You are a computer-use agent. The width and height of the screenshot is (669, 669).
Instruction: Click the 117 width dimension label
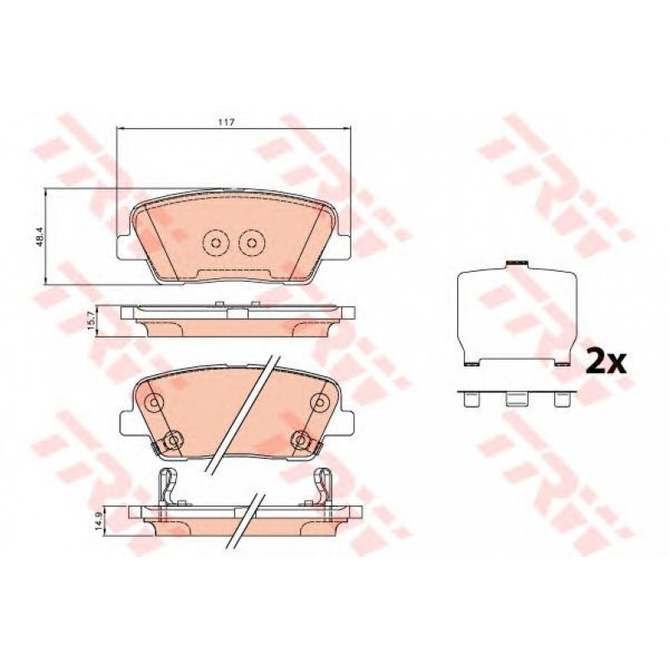tap(227, 122)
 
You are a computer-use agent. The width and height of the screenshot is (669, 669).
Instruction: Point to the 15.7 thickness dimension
tap(91, 320)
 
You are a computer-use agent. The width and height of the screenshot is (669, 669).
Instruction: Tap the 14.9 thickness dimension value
tap(98, 521)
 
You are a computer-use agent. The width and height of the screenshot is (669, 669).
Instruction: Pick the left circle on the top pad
tap(215, 243)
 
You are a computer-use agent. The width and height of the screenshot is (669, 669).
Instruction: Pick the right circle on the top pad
tap(252, 243)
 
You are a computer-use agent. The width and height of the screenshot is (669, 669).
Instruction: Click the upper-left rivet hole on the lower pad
tap(154, 401)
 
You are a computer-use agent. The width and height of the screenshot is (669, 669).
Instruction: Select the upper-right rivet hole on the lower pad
tap(320, 401)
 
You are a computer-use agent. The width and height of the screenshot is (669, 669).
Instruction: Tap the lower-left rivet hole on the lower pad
tap(173, 440)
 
